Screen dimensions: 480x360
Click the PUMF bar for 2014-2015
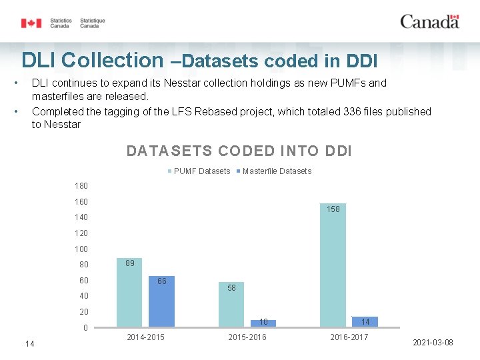tap(129, 293)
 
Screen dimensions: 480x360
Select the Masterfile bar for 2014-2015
tap(161, 301)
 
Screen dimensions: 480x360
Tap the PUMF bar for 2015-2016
tap(231, 305)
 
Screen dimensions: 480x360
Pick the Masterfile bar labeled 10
tap(263, 323)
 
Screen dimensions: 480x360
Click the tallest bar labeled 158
tap(333, 265)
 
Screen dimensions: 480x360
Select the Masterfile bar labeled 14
tap(365, 322)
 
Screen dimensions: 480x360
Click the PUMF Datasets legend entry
tap(199, 171)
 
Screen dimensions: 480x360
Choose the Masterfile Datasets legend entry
tap(274, 171)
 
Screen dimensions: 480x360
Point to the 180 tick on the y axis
tap(81, 186)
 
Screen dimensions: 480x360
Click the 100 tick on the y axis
tap(81, 249)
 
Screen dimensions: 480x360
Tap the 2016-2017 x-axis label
tap(349, 337)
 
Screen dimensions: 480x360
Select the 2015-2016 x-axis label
tap(247, 337)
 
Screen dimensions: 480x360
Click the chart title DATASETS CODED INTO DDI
tap(239, 151)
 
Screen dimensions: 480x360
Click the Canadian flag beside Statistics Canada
tap(31, 23)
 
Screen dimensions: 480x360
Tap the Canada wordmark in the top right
tap(430, 22)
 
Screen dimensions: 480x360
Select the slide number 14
tap(30, 344)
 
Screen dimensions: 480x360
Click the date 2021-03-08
tap(433, 343)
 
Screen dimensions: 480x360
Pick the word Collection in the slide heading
tap(113, 60)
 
